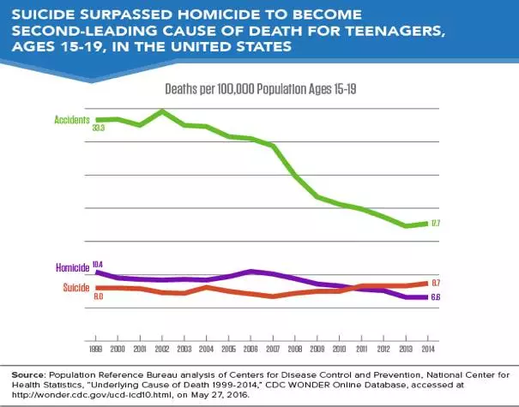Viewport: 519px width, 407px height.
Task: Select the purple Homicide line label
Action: (75, 267)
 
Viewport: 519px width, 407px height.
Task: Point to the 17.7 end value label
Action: (436, 224)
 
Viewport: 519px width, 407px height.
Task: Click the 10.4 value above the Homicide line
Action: (98, 263)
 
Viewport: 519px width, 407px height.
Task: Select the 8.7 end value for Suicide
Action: (436, 283)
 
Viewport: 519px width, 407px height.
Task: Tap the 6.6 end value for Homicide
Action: (436, 296)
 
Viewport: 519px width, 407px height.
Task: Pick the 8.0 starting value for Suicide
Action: (98, 296)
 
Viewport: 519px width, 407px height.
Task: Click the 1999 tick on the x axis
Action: (96, 350)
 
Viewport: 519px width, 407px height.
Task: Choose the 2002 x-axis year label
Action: (162, 350)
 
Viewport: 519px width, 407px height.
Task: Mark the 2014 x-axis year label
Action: (427, 350)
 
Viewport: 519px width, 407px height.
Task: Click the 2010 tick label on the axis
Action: (339, 350)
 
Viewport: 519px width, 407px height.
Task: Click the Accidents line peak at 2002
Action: (162, 111)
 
